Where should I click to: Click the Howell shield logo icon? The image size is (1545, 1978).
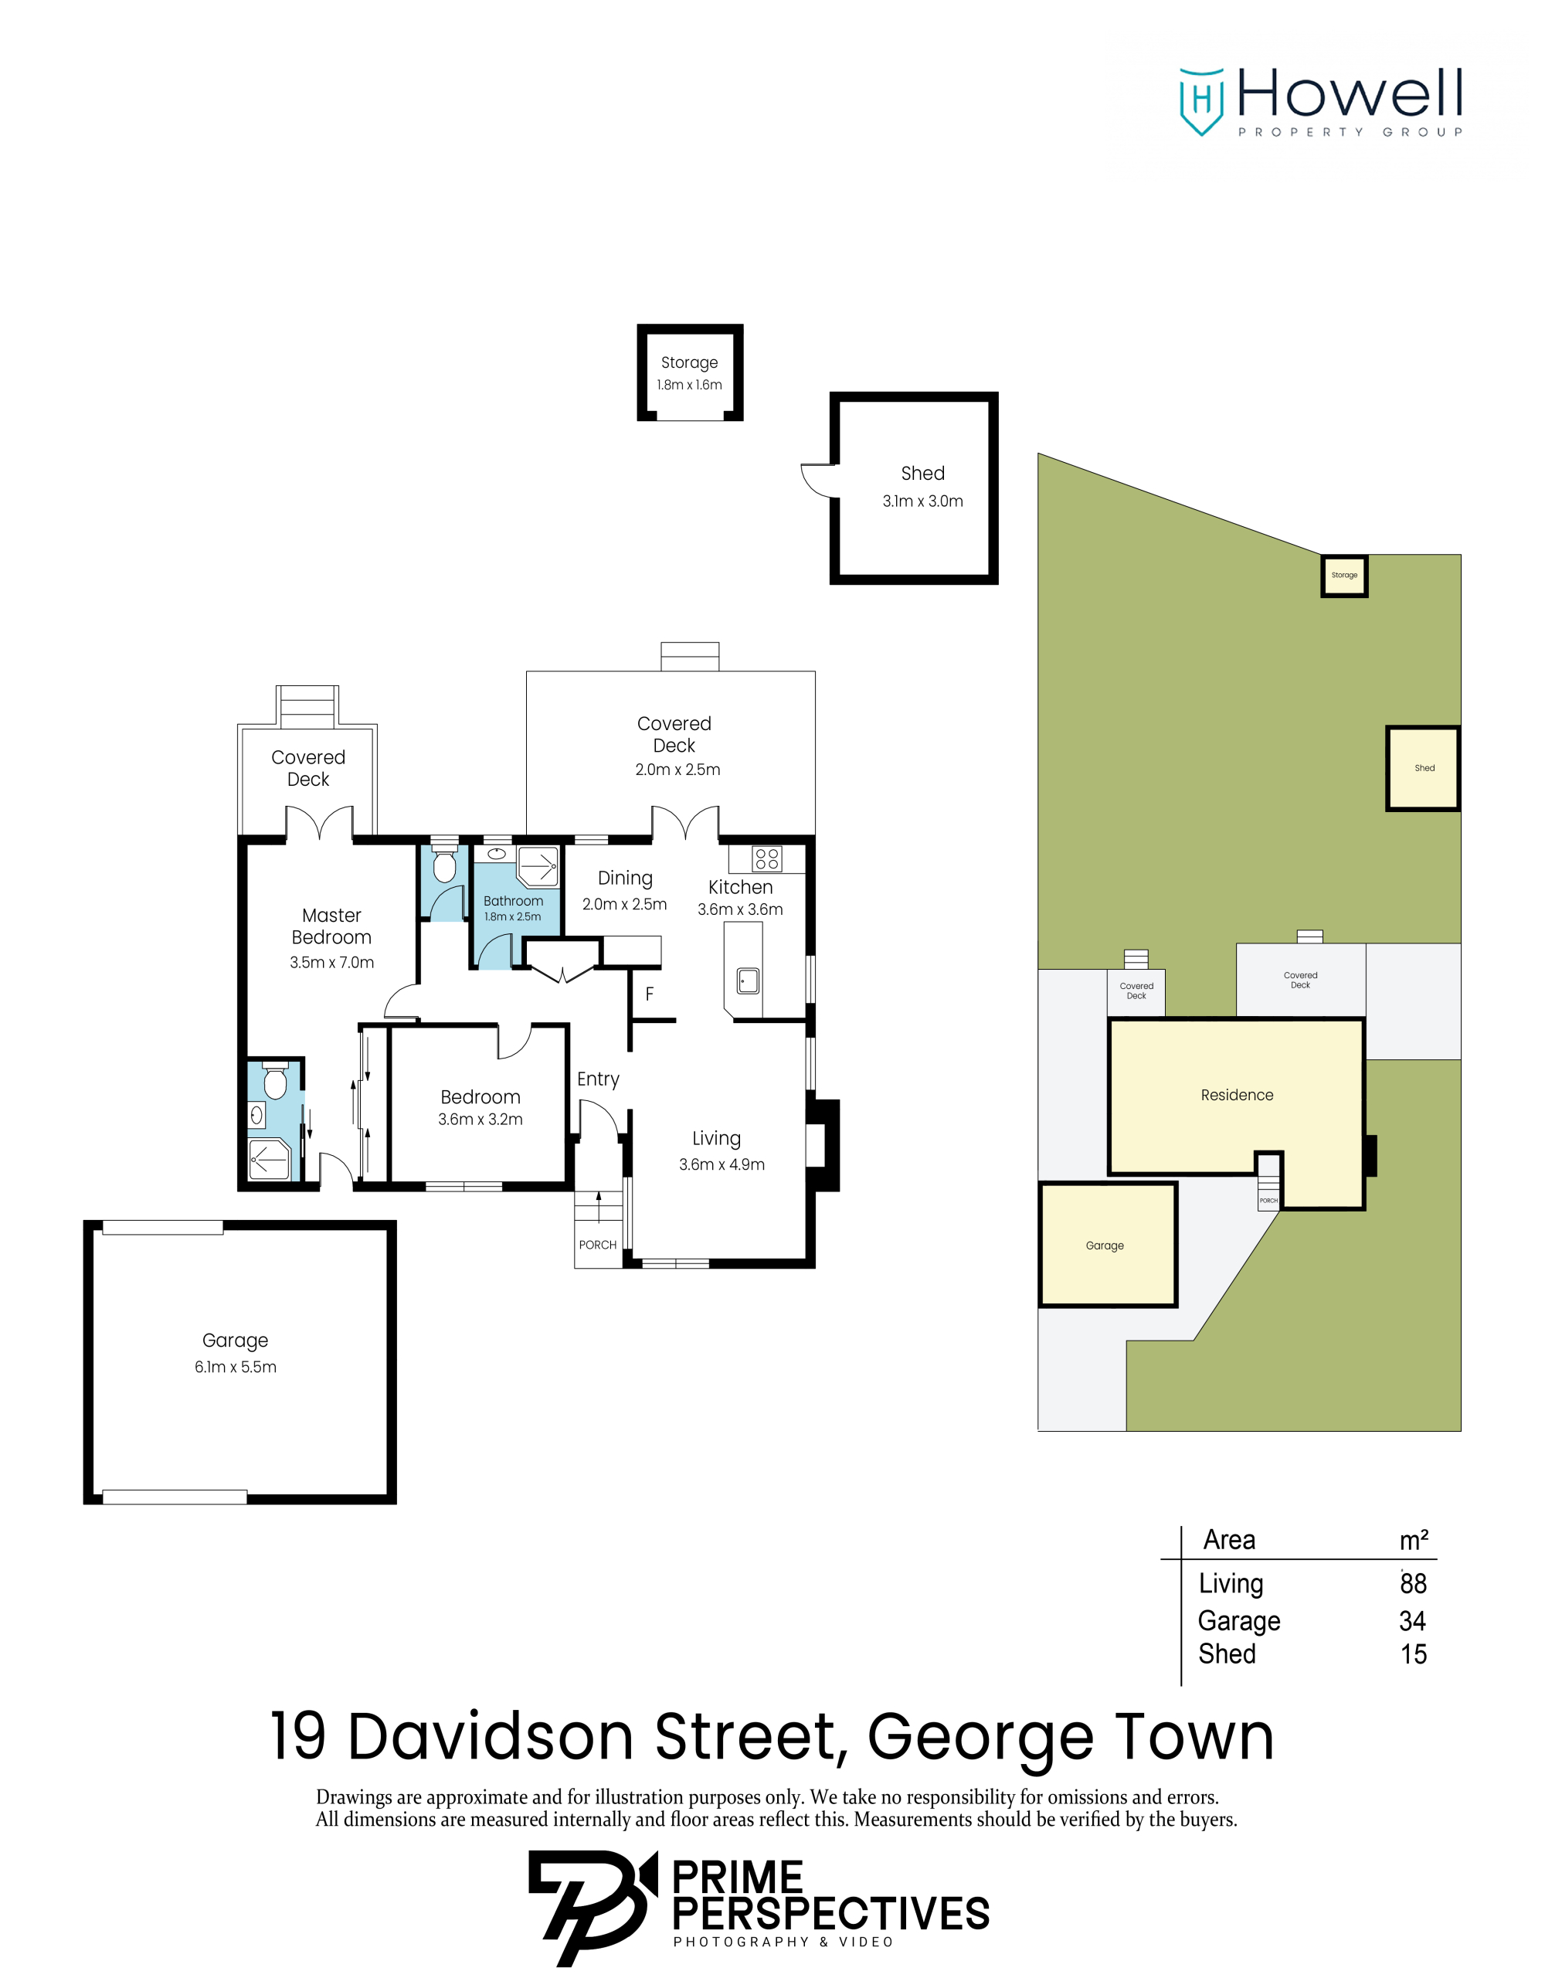1201,101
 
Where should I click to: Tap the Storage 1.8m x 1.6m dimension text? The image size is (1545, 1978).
689,385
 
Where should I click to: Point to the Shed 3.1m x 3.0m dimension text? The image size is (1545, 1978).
923,501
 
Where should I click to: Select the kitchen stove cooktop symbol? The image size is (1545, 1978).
767,858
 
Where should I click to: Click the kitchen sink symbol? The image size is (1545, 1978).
748,981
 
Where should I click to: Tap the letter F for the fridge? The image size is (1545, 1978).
650,994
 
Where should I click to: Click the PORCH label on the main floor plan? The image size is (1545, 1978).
598,1246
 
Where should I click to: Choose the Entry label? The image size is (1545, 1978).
598,1079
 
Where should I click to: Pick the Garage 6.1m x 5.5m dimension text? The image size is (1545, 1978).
236,1367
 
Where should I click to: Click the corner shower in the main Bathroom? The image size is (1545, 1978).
537,866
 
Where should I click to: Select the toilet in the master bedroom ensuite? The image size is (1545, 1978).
274,1079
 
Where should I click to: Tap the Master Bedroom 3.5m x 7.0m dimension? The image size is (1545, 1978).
331,962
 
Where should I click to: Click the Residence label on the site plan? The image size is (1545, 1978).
1237,1095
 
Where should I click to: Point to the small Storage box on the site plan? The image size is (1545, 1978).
1344,576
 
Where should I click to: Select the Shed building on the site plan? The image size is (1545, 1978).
1423,768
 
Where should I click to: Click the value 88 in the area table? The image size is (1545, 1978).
1413,1583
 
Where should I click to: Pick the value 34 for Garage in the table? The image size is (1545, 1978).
1413,1620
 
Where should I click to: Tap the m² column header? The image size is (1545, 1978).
1414,1540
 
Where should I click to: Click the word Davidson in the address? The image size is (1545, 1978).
490,1737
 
